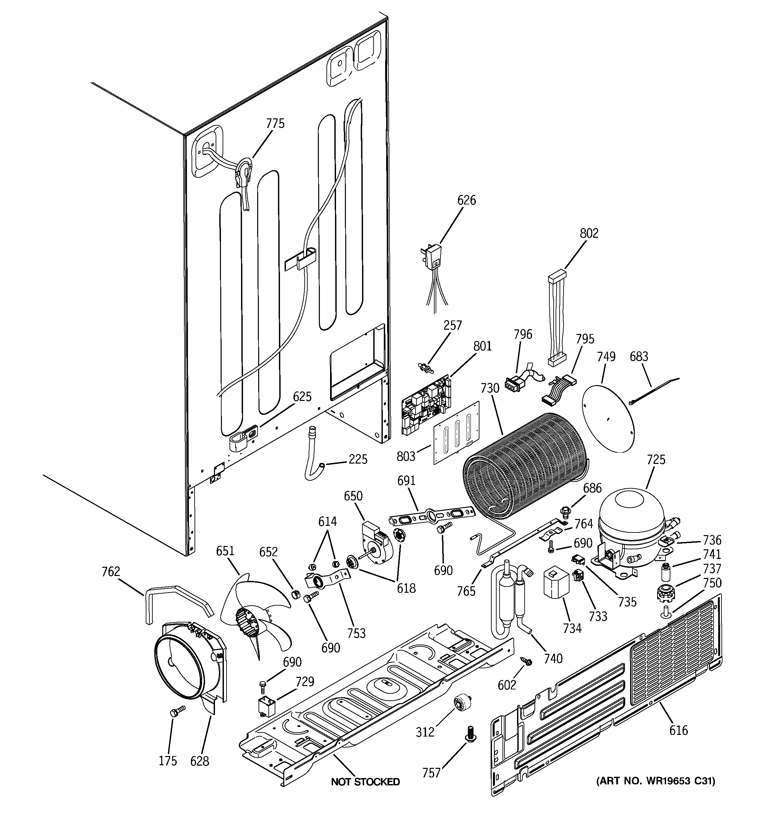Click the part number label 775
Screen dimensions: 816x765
click(x=275, y=124)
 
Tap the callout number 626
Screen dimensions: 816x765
click(x=467, y=200)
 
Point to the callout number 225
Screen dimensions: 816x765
click(x=358, y=459)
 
